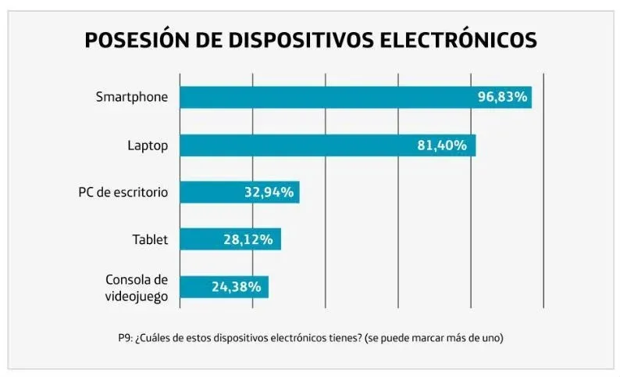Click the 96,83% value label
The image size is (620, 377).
(x=503, y=97)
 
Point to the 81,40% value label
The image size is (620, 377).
(x=442, y=145)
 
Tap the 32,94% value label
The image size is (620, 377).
(x=267, y=192)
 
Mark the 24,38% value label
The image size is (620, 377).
(x=235, y=286)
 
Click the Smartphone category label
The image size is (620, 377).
(x=131, y=97)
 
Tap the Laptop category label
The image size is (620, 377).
(x=147, y=145)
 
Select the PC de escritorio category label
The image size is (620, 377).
(x=123, y=192)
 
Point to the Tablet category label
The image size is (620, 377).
(x=150, y=239)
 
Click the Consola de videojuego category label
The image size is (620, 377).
(x=136, y=286)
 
